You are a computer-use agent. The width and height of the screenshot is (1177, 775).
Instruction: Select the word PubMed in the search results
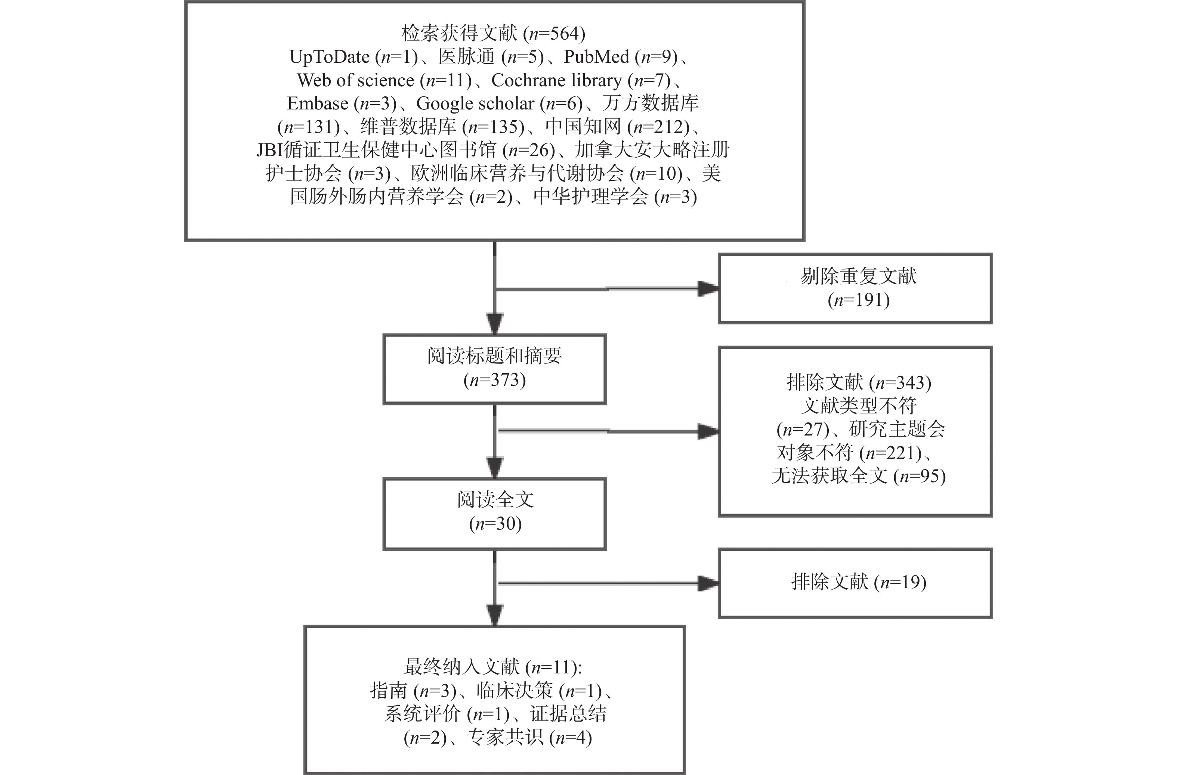click(596, 57)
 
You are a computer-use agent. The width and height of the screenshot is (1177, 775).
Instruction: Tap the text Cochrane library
click(557, 80)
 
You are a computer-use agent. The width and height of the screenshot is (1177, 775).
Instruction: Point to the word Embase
click(318, 103)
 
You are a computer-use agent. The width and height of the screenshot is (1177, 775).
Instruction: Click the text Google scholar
click(475, 103)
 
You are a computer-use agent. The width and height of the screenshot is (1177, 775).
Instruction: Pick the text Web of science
click(356, 80)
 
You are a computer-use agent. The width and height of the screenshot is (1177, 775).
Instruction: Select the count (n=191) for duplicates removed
click(859, 300)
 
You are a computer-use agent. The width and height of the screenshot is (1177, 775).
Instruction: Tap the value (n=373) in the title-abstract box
click(495, 379)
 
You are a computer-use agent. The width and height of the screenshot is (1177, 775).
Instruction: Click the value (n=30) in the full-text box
click(495, 523)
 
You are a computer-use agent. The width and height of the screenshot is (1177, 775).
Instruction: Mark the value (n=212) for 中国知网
click(658, 127)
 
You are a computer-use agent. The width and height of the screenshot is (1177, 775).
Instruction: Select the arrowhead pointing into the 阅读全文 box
click(495, 468)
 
